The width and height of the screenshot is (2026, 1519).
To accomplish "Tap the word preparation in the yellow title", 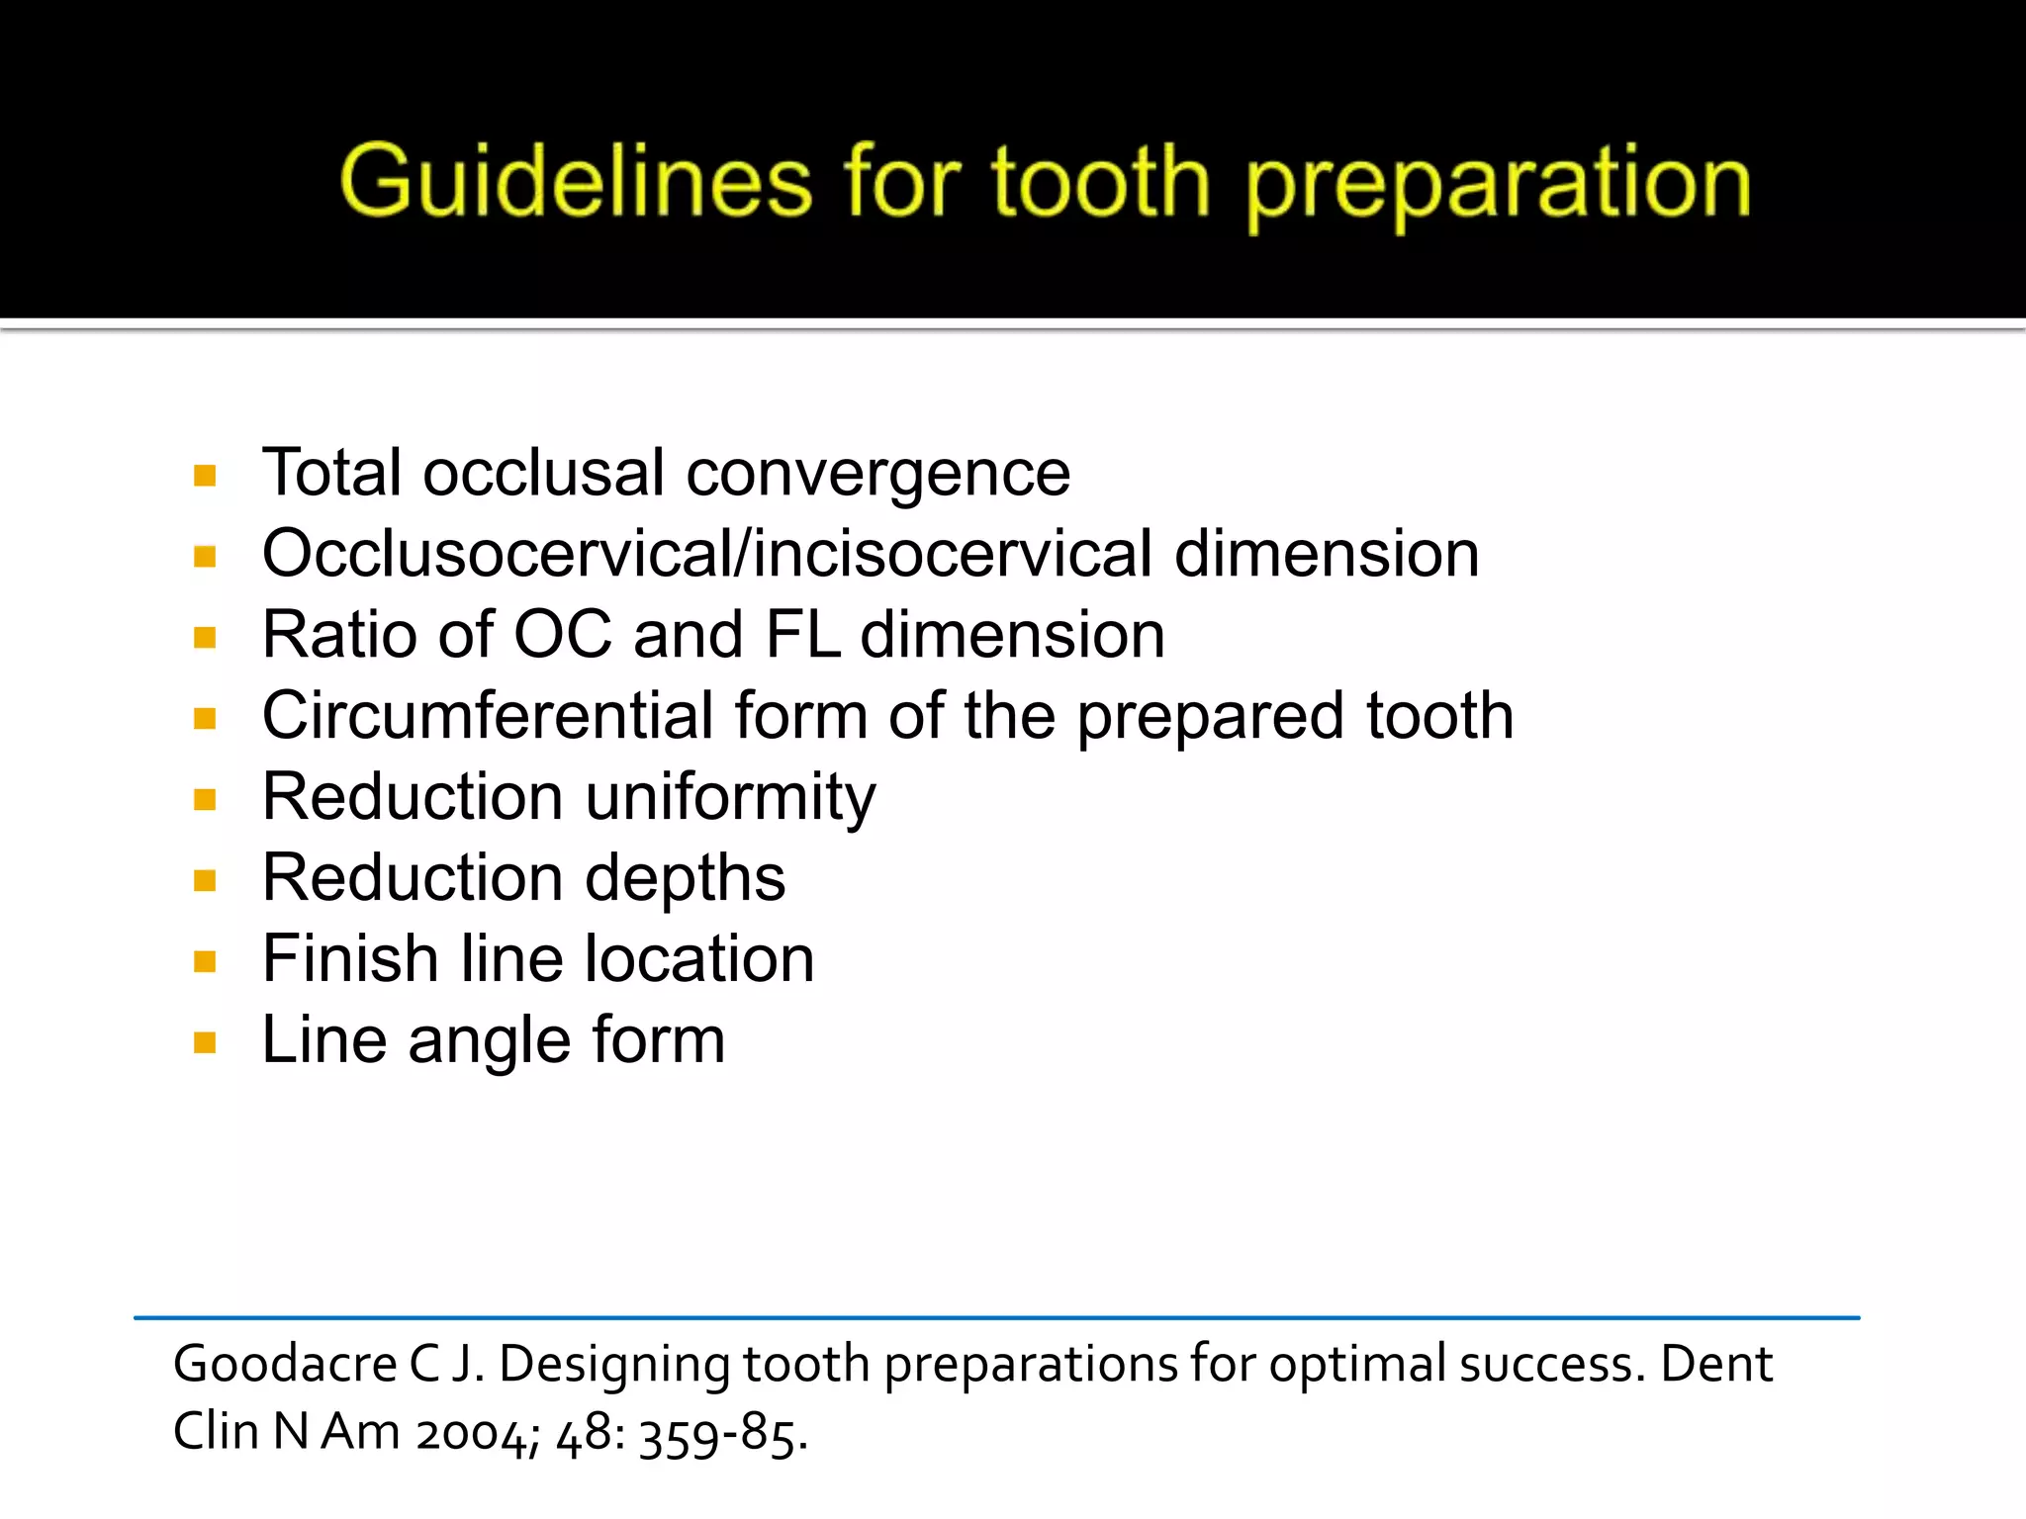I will coord(1498,186).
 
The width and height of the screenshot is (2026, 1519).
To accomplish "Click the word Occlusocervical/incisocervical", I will coord(706,553).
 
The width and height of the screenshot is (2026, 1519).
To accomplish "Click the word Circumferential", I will coord(488,715).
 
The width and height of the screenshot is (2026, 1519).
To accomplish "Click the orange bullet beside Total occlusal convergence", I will coord(205,476).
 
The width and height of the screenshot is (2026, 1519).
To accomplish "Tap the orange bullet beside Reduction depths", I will coord(205,880).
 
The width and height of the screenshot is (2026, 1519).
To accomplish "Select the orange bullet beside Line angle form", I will coord(205,1042).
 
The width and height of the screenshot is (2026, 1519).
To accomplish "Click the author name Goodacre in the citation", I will coord(284,1365).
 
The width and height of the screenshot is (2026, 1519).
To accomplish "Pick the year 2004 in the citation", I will coord(477,1433).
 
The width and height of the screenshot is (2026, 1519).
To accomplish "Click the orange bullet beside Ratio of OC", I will coord(205,637).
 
